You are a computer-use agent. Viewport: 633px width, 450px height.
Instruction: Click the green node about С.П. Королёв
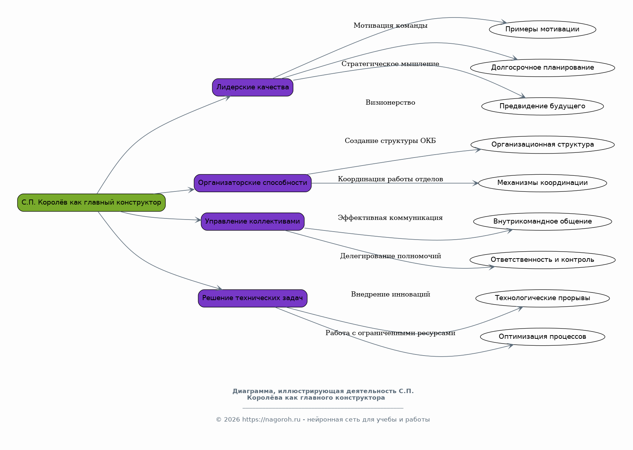(91, 202)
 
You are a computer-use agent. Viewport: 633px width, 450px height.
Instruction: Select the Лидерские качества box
(252, 87)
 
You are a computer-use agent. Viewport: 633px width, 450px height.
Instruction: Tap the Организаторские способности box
(252, 183)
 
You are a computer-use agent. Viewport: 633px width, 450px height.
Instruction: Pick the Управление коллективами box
(252, 221)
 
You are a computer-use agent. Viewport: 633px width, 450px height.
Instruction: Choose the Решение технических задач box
(252, 298)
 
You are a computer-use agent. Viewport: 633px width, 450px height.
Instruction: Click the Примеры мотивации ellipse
(543, 30)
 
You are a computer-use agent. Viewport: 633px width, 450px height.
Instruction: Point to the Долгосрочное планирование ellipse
(543, 68)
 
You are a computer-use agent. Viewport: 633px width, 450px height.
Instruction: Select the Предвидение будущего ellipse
(543, 106)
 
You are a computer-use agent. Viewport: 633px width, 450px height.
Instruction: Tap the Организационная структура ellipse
(543, 145)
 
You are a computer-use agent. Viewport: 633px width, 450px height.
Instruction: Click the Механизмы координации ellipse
(543, 183)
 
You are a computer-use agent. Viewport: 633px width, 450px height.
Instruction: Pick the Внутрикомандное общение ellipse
(543, 221)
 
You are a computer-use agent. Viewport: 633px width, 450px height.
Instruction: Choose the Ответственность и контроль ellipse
(543, 260)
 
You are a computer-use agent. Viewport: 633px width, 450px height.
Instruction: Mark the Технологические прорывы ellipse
(543, 298)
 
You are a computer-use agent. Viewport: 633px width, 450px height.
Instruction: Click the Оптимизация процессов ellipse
(543, 337)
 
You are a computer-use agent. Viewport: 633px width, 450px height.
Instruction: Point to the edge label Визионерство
(390, 102)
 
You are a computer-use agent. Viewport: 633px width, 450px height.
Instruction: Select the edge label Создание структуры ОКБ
(390, 141)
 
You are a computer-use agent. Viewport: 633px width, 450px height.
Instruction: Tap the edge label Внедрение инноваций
(390, 294)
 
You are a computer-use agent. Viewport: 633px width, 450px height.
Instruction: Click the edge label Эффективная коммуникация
(390, 218)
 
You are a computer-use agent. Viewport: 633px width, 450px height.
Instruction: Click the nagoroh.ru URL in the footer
(271, 420)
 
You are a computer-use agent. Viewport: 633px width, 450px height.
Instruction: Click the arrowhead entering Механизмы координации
(475, 183)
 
